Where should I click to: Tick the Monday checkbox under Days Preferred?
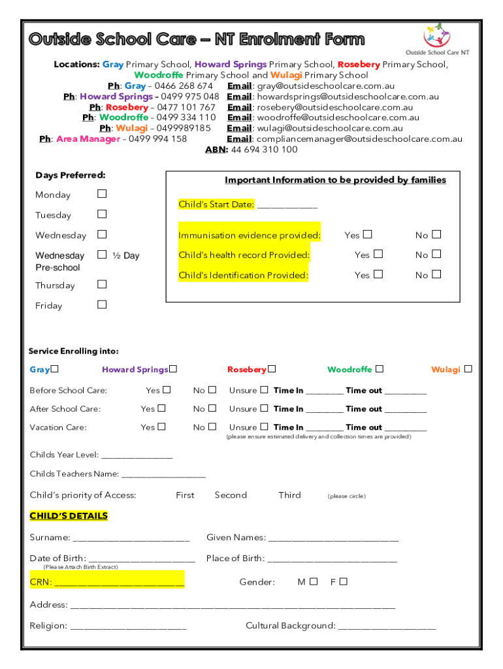tap(101, 194)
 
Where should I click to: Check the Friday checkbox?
tap(101, 304)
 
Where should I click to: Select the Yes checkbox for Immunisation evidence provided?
tap(368, 235)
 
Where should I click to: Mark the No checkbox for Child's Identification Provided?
tap(436, 274)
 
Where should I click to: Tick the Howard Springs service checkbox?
tap(174, 369)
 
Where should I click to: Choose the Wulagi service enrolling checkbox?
tap(468, 369)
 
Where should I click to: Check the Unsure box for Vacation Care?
tap(264, 427)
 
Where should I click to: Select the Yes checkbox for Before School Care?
tap(167, 390)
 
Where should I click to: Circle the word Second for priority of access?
tap(231, 495)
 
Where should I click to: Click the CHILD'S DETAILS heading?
tap(69, 516)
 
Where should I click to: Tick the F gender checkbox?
tap(343, 581)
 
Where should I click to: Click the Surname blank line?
tap(131, 539)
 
